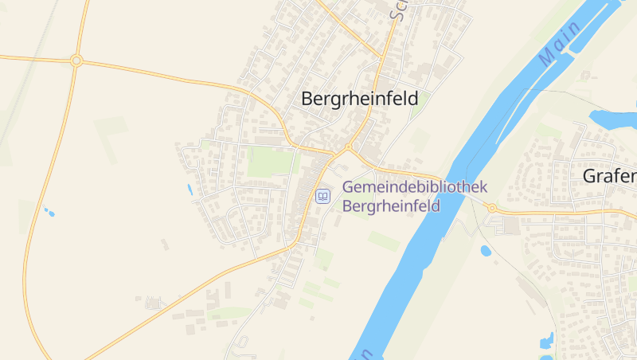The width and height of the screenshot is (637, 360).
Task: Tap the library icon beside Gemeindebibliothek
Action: (x=322, y=196)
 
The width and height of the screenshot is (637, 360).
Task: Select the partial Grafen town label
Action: (x=610, y=175)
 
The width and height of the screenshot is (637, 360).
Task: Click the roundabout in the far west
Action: (x=76, y=61)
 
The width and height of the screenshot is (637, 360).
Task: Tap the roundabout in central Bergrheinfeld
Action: (x=347, y=147)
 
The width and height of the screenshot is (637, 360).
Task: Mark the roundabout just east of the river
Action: (x=492, y=208)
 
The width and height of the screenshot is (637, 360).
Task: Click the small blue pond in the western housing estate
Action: (x=190, y=190)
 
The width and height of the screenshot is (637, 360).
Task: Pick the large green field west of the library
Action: (x=271, y=162)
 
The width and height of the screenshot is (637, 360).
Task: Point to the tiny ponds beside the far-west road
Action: (x=49, y=212)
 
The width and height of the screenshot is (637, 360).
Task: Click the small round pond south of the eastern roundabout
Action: (x=486, y=251)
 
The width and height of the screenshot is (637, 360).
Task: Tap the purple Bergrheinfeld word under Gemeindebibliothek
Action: (x=391, y=205)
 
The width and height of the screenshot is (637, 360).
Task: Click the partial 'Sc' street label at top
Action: (x=399, y=10)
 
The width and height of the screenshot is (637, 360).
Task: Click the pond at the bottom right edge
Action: (x=547, y=343)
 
